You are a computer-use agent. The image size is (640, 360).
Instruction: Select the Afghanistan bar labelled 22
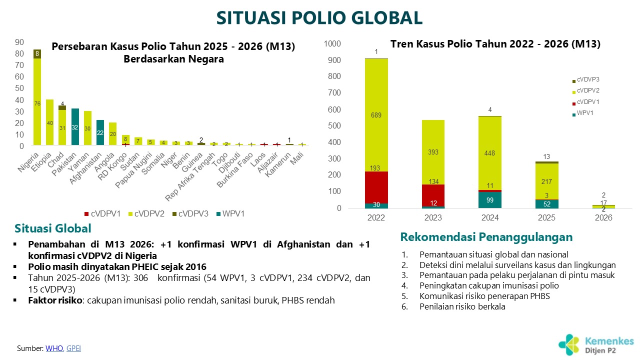100,132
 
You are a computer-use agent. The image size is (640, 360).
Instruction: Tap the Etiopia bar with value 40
49,122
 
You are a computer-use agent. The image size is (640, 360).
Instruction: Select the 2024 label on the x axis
489,218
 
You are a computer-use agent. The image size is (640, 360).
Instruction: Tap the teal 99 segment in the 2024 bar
489,200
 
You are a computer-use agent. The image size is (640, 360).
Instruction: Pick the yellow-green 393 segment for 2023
433,152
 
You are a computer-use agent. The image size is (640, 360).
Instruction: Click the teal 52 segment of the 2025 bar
546,204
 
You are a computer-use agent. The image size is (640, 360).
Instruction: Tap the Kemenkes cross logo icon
569,344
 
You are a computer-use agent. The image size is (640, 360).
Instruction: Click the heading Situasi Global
53,228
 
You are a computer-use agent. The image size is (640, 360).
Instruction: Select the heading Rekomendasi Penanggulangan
486,236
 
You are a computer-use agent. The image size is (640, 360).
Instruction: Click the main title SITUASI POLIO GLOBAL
319,18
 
